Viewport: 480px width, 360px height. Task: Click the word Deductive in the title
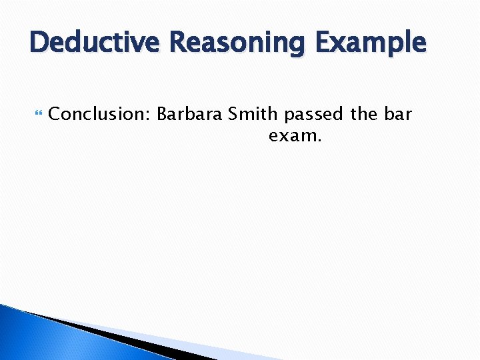pos(97,43)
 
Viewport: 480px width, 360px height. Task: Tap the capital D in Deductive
pos(39,43)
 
